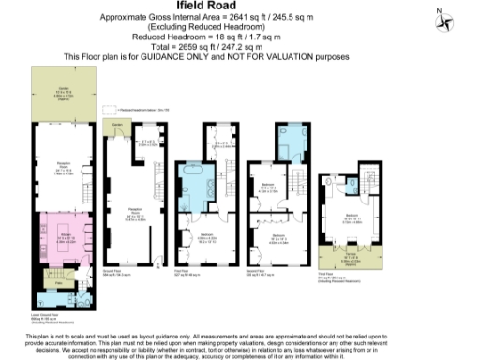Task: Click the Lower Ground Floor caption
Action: [47, 316]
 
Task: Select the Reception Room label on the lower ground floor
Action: [63, 170]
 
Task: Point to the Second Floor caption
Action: [263, 276]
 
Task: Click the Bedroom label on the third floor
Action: [352, 217]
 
